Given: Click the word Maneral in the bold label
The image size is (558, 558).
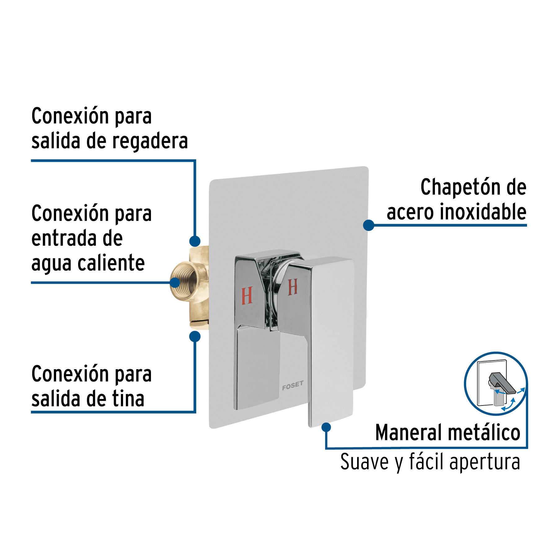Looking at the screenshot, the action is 409,432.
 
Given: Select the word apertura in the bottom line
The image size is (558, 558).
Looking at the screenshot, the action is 485,463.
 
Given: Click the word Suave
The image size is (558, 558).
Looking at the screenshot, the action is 364,462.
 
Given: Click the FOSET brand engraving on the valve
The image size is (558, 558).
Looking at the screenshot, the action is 293,385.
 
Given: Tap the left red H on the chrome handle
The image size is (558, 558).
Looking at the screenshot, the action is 247,296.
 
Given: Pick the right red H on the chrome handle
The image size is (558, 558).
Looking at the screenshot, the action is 293,287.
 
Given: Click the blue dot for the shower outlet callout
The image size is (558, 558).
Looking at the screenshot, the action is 195,241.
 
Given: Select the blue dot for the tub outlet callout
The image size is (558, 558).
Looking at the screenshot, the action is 195,336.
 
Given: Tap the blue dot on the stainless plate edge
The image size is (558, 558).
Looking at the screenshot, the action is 369,225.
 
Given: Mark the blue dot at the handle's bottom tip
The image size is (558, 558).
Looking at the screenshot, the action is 326,427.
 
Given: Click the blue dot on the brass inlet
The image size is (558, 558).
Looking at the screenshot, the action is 175,282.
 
